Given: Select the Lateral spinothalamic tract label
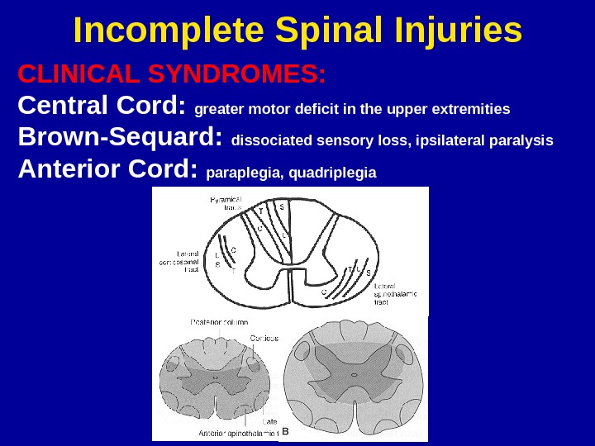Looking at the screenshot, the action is pos(396,294).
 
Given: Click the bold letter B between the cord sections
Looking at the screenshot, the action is pos(285,431).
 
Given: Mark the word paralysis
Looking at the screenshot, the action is pos(525,140).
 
